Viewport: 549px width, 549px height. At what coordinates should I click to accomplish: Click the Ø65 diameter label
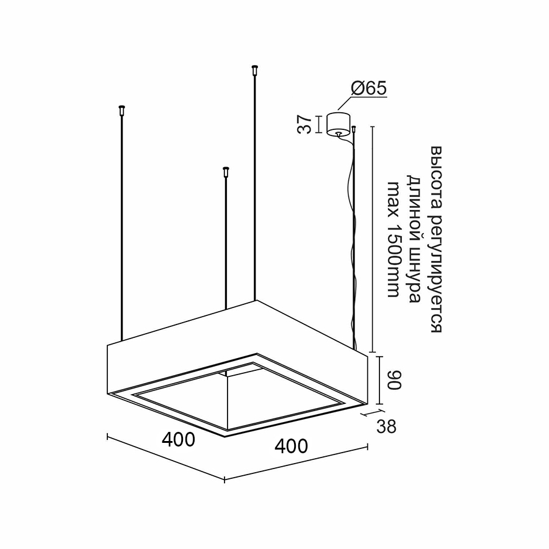pyautogui.click(x=368, y=88)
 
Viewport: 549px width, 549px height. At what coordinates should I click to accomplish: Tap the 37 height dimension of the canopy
pyautogui.click(x=304, y=124)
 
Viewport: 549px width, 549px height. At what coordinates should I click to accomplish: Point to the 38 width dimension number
pyautogui.click(x=386, y=426)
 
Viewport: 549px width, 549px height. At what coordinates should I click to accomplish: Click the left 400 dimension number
pyautogui.click(x=178, y=439)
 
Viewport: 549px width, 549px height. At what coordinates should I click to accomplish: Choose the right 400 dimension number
pyautogui.click(x=292, y=446)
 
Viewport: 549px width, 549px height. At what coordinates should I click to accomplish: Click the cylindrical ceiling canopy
pyautogui.click(x=338, y=124)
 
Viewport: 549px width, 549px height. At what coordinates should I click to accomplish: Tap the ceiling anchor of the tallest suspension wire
pyautogui.click(x=254, y=70)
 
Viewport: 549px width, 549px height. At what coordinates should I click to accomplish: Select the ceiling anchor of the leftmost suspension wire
pyautogui.click(x=122, y=110)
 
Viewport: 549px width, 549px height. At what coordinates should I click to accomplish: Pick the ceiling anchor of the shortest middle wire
pyautogui.click(x=226, y=171)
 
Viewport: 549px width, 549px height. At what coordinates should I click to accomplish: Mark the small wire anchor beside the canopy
pyautogui.click(x=354, y=129)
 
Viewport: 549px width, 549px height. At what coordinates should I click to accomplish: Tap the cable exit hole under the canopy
pyautogui.click(x=338, y=133)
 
